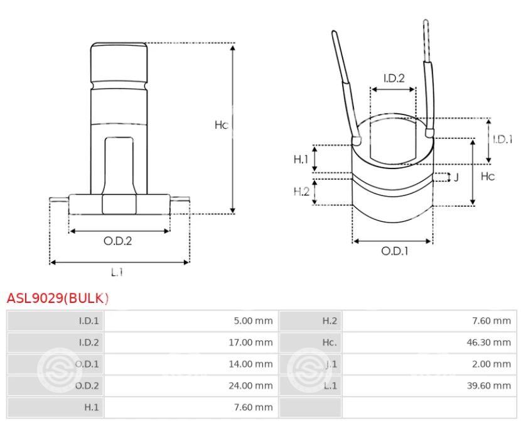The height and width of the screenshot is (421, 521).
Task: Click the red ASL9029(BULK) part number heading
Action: coord(58,298)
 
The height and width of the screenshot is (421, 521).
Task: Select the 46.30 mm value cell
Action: coord(489,342)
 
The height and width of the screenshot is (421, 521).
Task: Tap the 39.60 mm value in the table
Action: coord(489,385)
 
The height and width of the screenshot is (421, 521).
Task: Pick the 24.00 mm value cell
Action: coord(250,385)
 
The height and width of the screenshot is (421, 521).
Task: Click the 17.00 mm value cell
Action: coord(250,342)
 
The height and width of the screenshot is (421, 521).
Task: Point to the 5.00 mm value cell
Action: coord(253,320)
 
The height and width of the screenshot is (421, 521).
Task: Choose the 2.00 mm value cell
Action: coord(491,364)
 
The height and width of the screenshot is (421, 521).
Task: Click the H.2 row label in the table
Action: coord(330,320)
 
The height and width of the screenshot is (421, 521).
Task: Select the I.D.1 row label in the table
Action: coord(89,320)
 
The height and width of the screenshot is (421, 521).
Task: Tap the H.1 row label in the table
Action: coord(92,407)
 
